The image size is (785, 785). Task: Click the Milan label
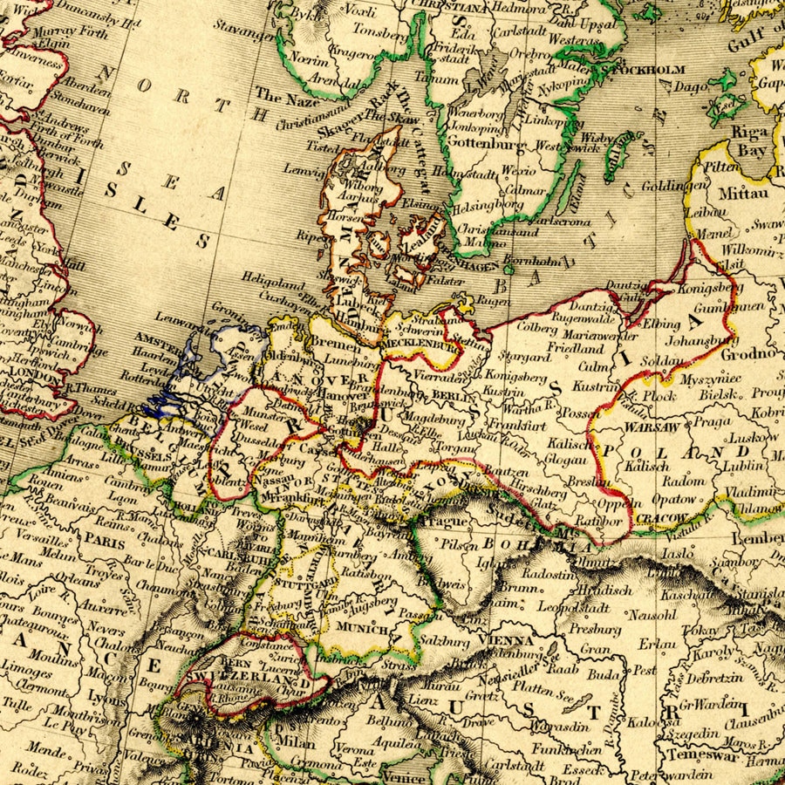click(294, 742)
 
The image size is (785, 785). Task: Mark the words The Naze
click(281, 97)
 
